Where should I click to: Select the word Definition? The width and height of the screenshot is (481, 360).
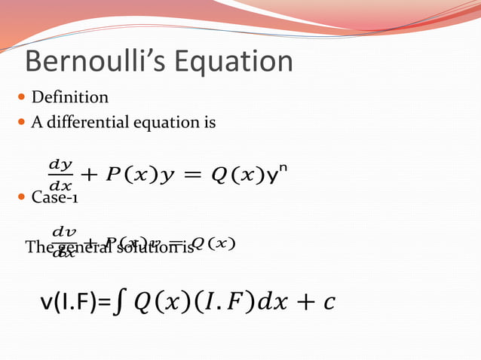click(69, 97)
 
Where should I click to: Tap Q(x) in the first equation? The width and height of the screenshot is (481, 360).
click(234, 175)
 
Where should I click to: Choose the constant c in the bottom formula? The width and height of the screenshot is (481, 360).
click(328, 304)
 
